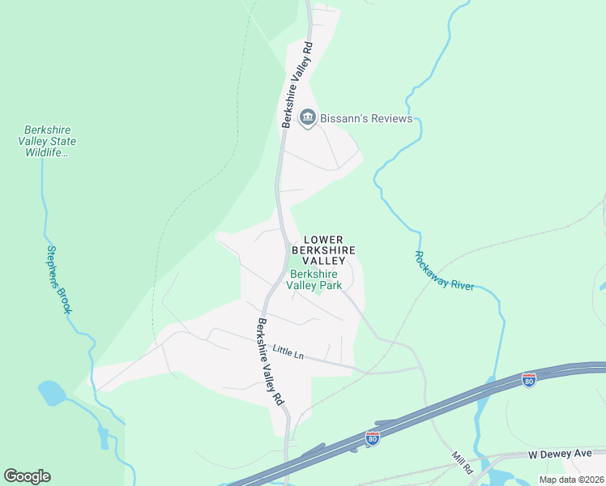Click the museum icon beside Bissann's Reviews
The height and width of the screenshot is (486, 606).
(x=308, y=118)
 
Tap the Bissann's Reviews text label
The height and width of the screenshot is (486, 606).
(x=366, y=119)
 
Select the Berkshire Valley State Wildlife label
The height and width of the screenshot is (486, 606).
(x=50, y=141)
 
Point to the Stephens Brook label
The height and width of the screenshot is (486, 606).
(x=59, y=279)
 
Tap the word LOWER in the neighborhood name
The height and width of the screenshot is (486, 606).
(x=323, y=240)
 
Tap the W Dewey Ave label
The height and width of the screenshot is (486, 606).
(x=561, y=454)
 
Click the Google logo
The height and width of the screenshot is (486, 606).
(x=27, y=476)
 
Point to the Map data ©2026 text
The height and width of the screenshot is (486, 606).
(x=570, y=480)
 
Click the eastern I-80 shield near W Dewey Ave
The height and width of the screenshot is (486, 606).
(x=528, y=379)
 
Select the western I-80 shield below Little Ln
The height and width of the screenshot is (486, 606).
(x=372, y=438)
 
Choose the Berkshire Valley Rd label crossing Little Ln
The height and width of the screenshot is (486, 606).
(x=271, y=361)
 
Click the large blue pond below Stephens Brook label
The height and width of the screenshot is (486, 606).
(x=52, y=394)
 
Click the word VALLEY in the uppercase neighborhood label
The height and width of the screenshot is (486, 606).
(x=323, y=261)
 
